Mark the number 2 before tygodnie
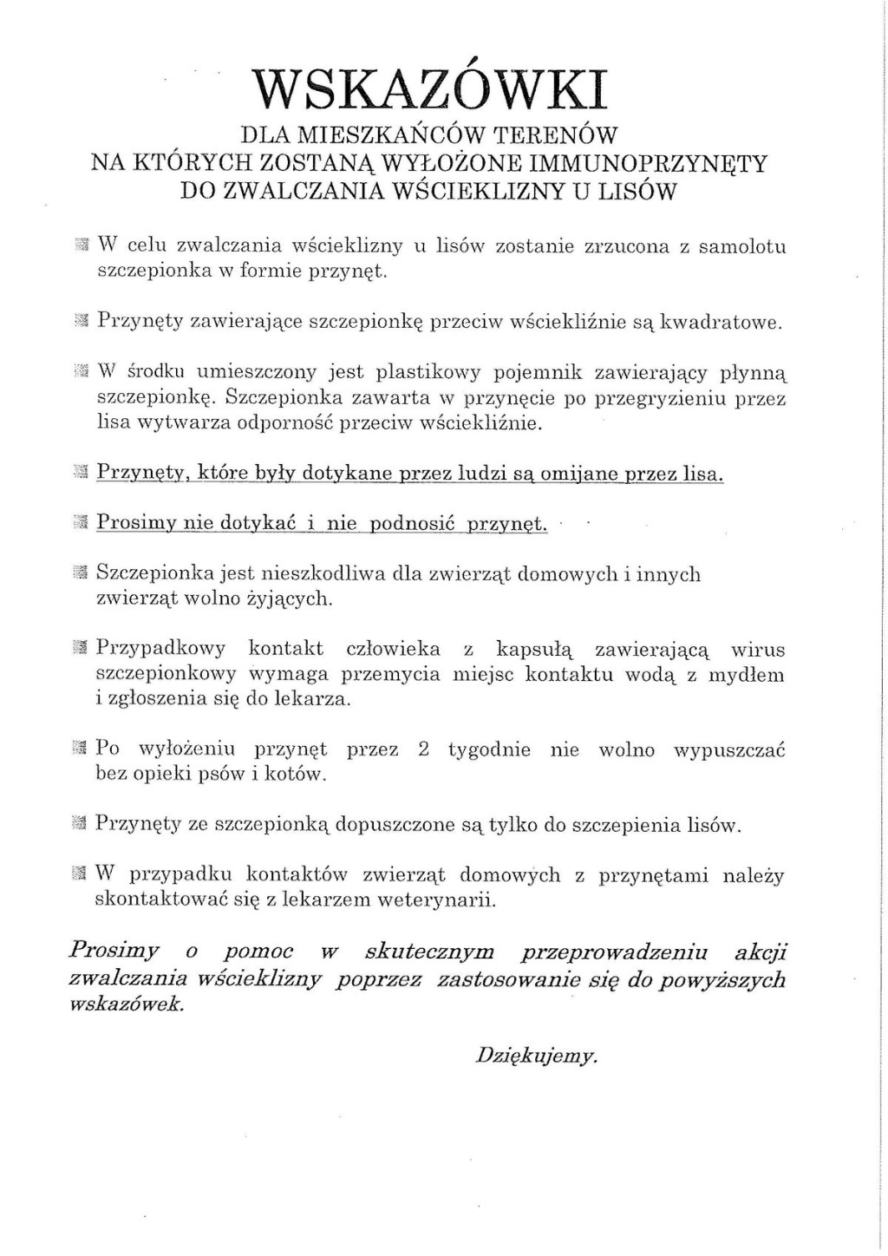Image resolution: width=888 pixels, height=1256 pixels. (423, 749)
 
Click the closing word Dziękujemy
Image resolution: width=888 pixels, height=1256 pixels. (537, 1056)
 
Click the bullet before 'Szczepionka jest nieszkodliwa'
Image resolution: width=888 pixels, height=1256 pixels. (82, 573)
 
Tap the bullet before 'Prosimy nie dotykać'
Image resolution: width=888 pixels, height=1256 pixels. (82, 523)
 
